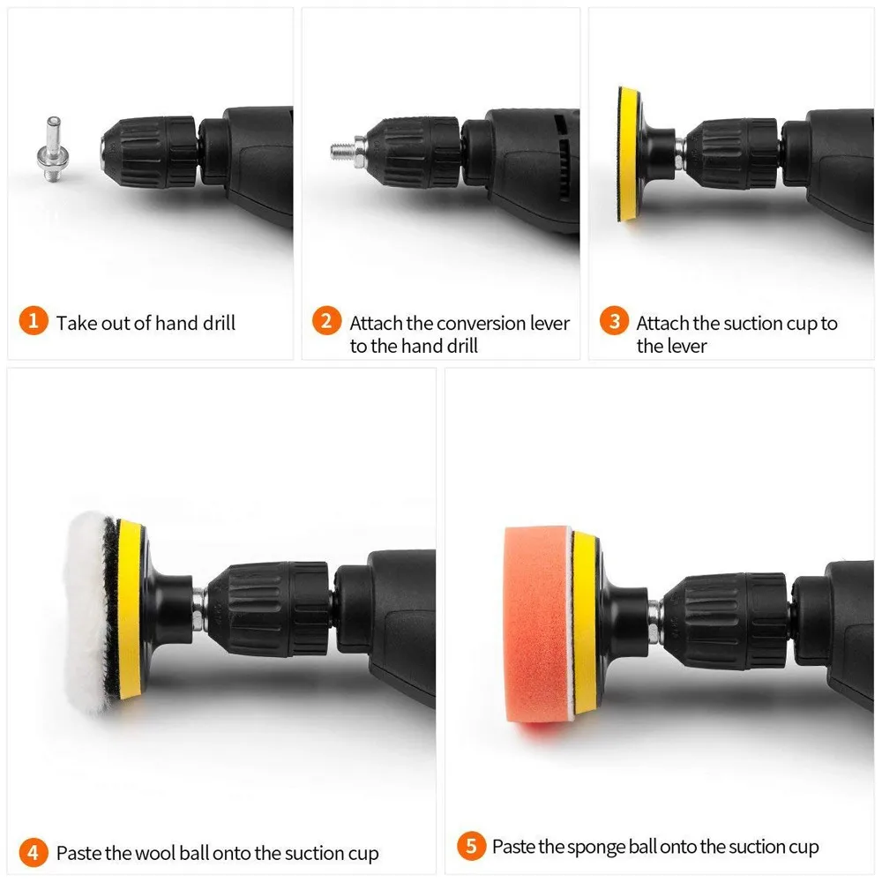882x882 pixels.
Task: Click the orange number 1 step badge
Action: coord(34,322)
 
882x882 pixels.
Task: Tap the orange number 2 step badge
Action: coord(326,322)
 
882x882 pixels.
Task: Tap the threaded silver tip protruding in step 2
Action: coord(341,150)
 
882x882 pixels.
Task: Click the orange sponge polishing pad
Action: coord(536,622)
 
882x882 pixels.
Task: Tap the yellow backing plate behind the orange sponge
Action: coord(584,622)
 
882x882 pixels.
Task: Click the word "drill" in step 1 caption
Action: coord(216,323)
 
